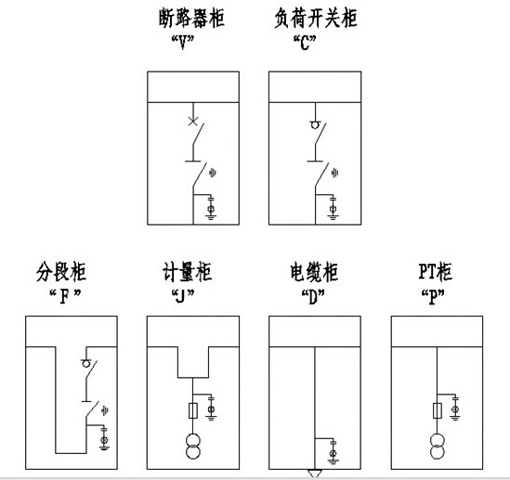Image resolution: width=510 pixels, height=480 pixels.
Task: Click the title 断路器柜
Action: point(191,18)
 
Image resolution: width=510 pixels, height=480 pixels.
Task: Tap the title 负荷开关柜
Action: point(316,18)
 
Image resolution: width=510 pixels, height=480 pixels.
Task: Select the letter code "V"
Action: point(183,43)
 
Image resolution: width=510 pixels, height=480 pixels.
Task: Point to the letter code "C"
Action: point(305,43)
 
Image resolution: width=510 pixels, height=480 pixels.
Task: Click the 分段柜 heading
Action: point(61,271)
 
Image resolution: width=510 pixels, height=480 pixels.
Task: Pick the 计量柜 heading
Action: point(187,271)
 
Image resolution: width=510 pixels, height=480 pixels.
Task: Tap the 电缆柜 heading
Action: point(314,271)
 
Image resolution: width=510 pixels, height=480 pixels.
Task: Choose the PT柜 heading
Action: point(435,271)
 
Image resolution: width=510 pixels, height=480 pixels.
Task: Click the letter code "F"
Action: point(64,296)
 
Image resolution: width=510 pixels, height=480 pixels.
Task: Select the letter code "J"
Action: point(183,296)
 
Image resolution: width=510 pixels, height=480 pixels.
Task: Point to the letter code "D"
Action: point(313,296)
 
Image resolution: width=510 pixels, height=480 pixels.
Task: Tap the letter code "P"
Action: point(433,296)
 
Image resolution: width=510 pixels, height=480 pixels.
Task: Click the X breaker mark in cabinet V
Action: point(193,122)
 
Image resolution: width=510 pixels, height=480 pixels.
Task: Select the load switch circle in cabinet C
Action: point(315,124)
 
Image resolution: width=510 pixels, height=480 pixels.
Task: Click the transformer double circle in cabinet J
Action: point(193,446)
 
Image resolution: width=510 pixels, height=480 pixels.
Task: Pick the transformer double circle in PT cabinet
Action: point(437,446)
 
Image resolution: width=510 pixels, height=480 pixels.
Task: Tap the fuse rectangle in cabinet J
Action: point(193,410)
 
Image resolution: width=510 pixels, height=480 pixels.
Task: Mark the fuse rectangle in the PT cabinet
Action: point(437,410)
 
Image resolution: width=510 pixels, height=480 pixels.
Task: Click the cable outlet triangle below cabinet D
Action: point(315,474)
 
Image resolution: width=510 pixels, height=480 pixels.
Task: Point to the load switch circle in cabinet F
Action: point(85,364)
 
